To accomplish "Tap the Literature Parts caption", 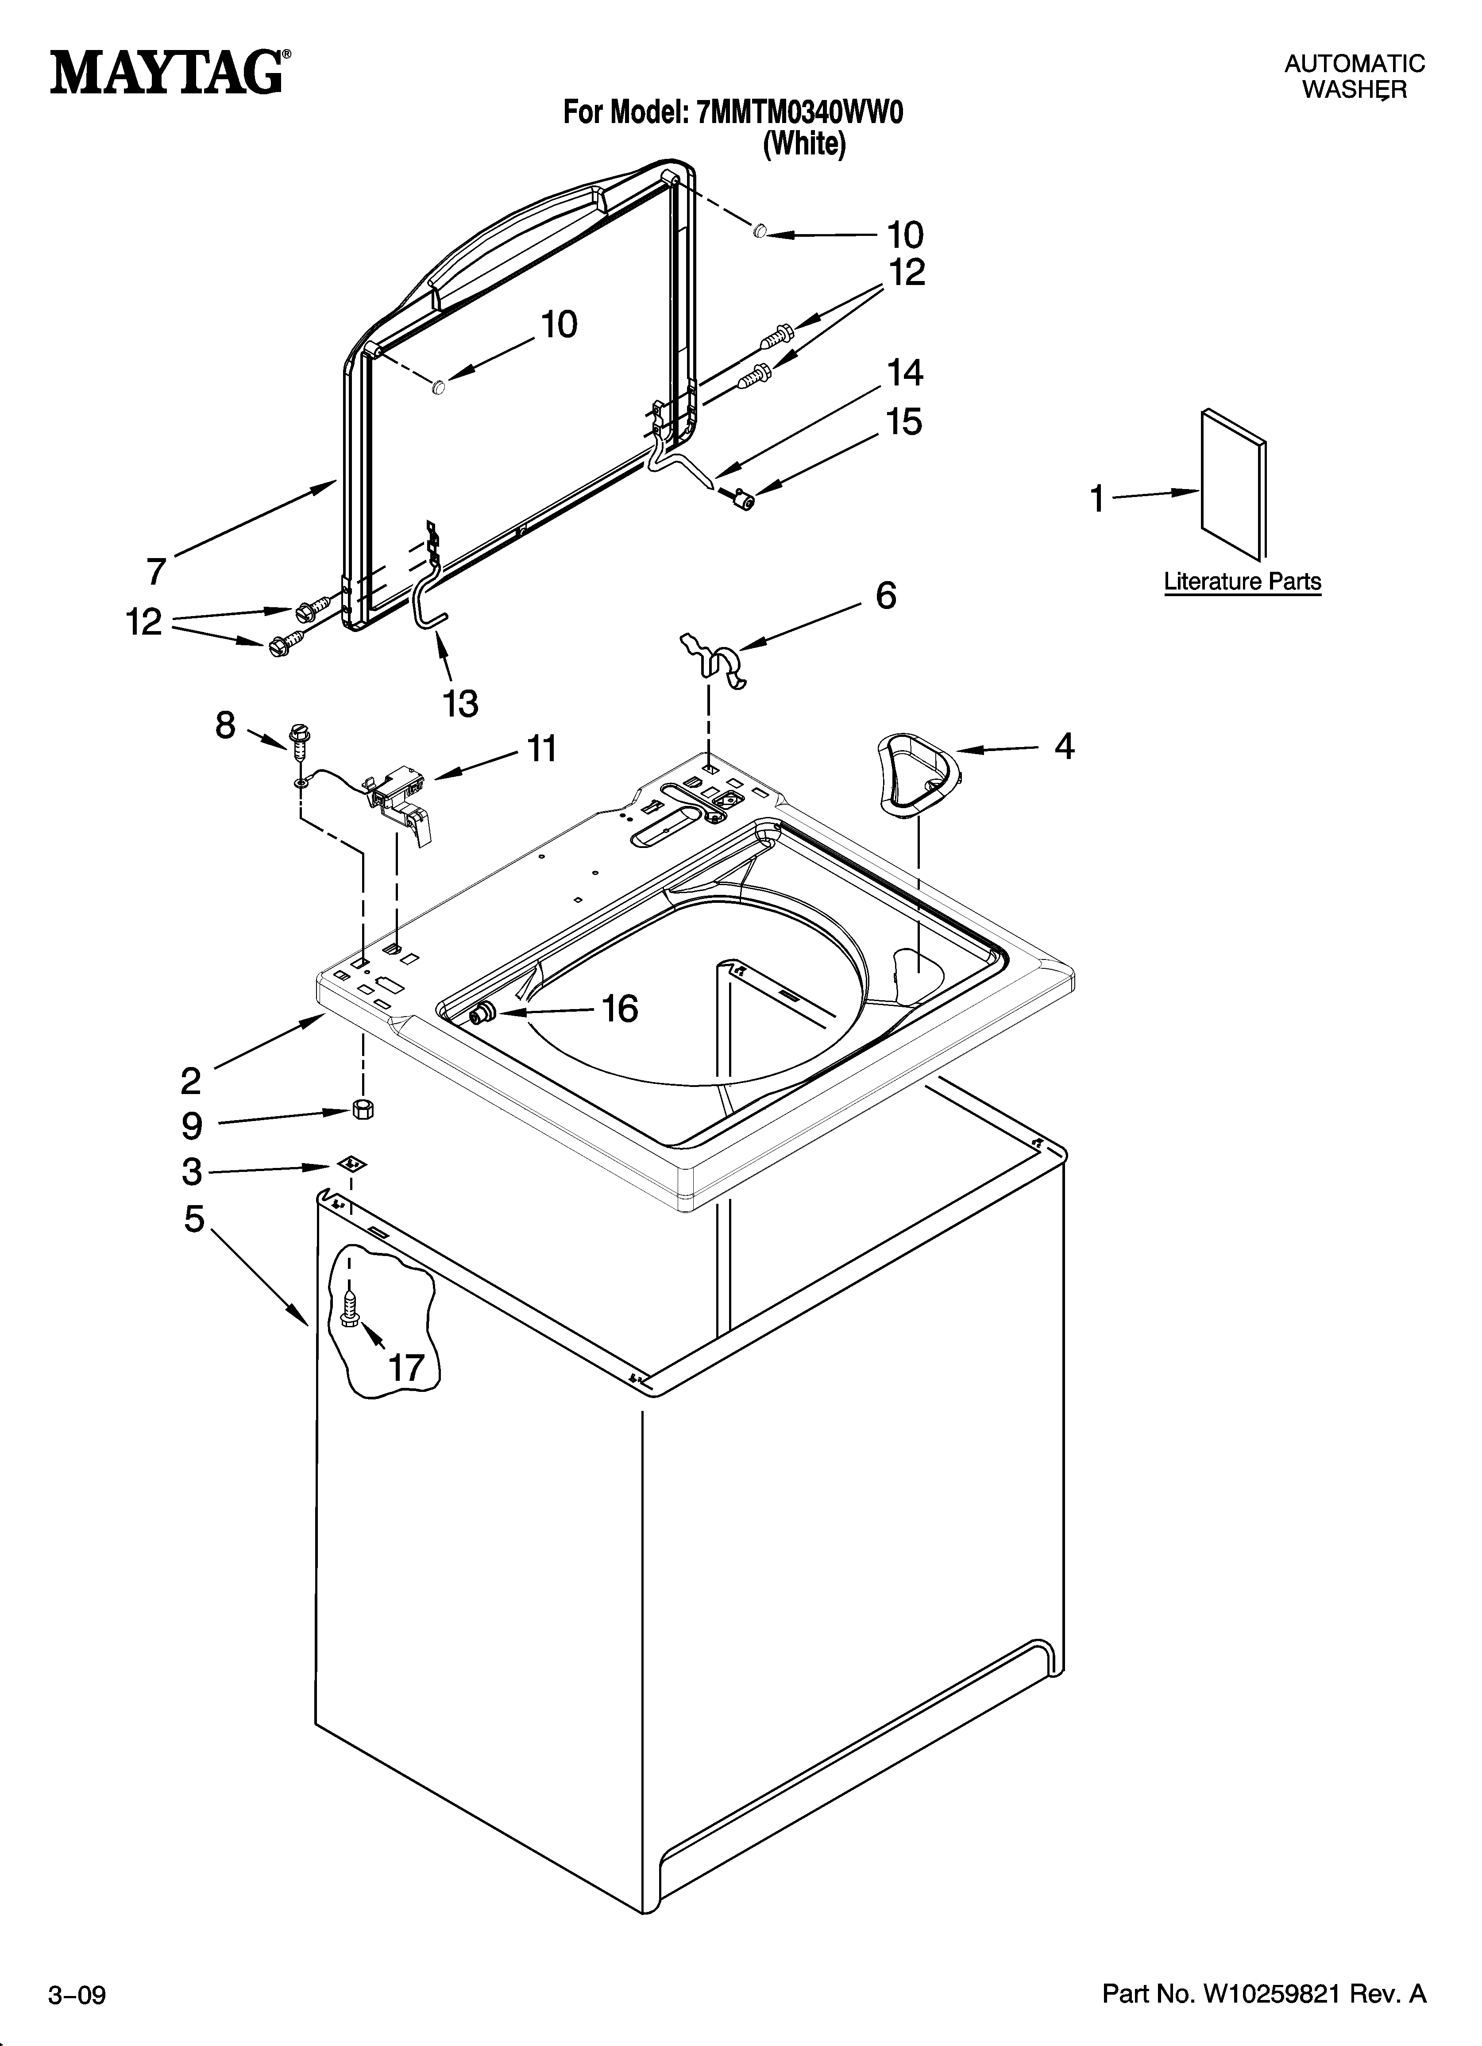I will [1242, 582].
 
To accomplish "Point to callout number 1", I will [1097, 498].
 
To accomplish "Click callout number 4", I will [1065, 746].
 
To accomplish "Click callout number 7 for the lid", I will [156, 571].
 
